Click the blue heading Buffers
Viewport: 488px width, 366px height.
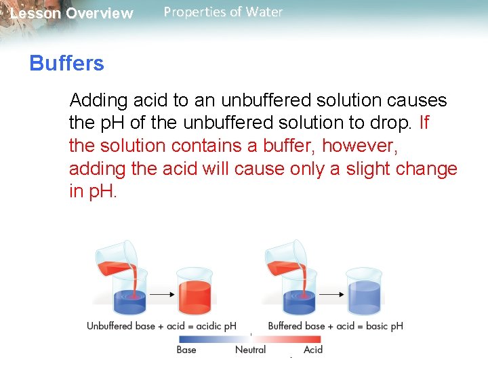[x=66, y=64]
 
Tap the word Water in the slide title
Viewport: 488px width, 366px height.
[x=265, y=12]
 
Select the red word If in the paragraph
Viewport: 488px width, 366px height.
[x=424, y=123]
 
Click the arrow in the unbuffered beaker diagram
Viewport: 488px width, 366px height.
[x=161, y=294]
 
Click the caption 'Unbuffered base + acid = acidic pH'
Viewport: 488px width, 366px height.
[x=161, y=326]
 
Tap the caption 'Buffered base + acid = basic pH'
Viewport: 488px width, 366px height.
[x=335, y=326]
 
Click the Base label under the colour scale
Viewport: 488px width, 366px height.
[x=186, y=350]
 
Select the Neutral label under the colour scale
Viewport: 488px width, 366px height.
[x=250, y=350]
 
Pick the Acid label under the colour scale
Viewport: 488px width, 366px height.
[x=313, y=350]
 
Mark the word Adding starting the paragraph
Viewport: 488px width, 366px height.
[x=99, y=100]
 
